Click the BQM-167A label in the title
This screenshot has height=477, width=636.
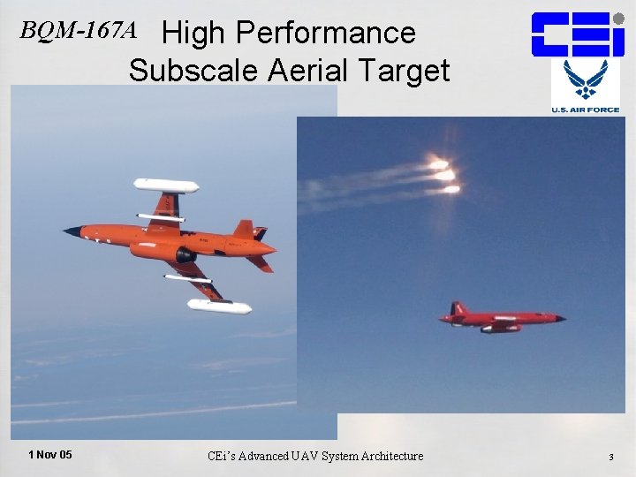click(x=79, y=32)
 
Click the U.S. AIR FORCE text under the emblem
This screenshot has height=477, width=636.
click(x=586, y=110)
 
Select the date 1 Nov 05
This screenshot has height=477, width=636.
click(x=50, y=455)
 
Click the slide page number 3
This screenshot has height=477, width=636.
click(x=610, y=457)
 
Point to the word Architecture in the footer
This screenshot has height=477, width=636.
click(x=389, y=456)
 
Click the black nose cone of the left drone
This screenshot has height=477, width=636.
click(x=72, y=231)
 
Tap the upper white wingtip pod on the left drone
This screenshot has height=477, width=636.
click(x=165, y=185)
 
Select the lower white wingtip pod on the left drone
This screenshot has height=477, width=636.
click(x=219, y=307)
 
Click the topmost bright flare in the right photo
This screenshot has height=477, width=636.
click(x=437, y=163)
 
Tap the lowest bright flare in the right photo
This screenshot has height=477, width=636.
click(x=450, y=188)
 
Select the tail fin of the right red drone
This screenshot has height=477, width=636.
click(x=458, y=308)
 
